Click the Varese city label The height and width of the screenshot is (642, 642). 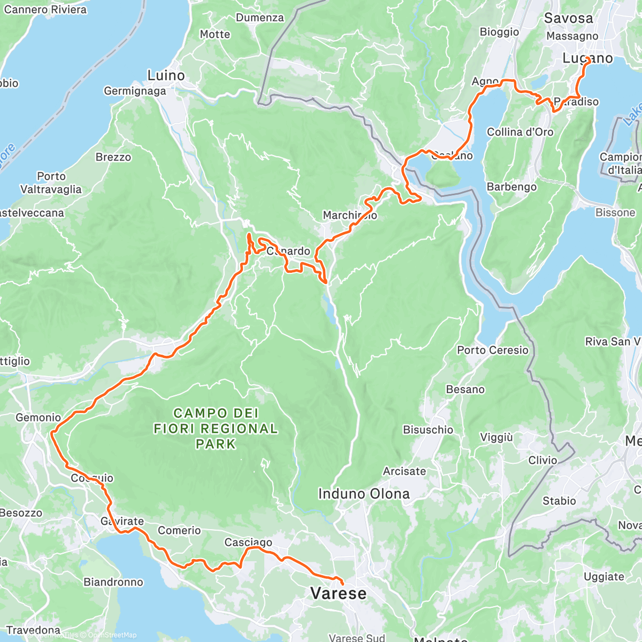pos(339,593)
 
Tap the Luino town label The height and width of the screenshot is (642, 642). pos(166,75)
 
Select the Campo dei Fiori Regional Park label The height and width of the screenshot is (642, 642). pos(216,429)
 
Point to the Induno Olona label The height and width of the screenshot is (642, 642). pos(364,494)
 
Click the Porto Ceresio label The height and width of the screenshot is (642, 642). pos(492,350)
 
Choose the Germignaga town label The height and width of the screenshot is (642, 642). pos(135,91)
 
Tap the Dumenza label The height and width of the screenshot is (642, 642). pos(260,18)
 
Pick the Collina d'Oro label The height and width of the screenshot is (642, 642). pos(520,132)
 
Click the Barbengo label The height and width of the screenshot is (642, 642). pos(511,187)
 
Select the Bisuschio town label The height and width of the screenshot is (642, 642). pos(428,430)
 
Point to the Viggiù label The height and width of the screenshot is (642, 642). pos(496,438)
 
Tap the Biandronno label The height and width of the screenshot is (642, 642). pos(113,582)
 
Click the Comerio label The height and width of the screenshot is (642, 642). pos(179,530)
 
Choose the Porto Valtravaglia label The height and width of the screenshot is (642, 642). pos(51,182)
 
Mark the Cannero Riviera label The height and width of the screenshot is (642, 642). pos(45,10)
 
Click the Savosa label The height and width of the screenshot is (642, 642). pos(568,18)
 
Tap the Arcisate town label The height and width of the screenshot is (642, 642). pos(404,471)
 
